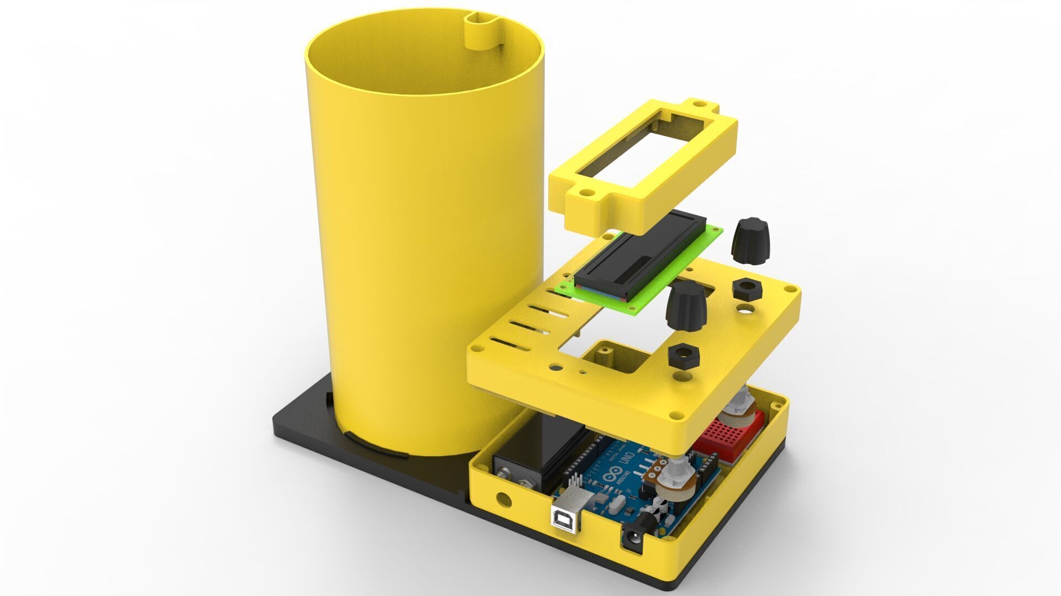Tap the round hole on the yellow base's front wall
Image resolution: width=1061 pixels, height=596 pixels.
[502, 498]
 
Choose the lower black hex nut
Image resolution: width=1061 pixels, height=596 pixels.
[683, 356]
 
